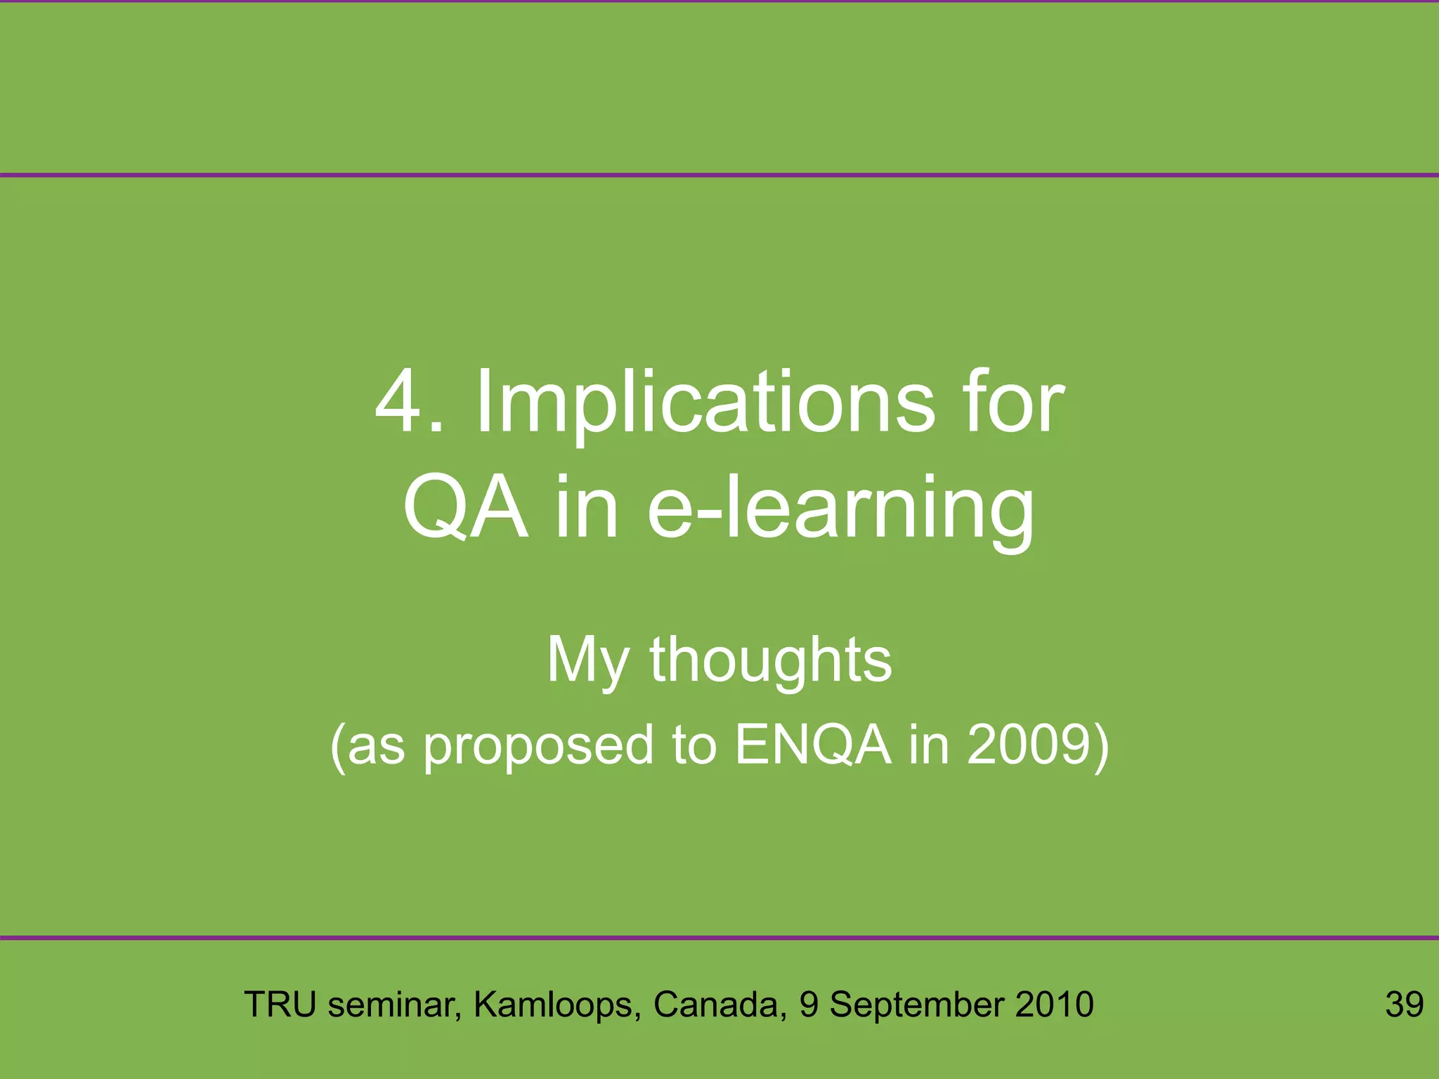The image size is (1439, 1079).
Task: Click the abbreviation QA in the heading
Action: click(465, 507)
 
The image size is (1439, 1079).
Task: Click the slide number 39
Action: click(1404, 1005)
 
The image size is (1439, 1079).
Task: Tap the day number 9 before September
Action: click(809, 1005)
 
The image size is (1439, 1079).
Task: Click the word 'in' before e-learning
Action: click(587, 507)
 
